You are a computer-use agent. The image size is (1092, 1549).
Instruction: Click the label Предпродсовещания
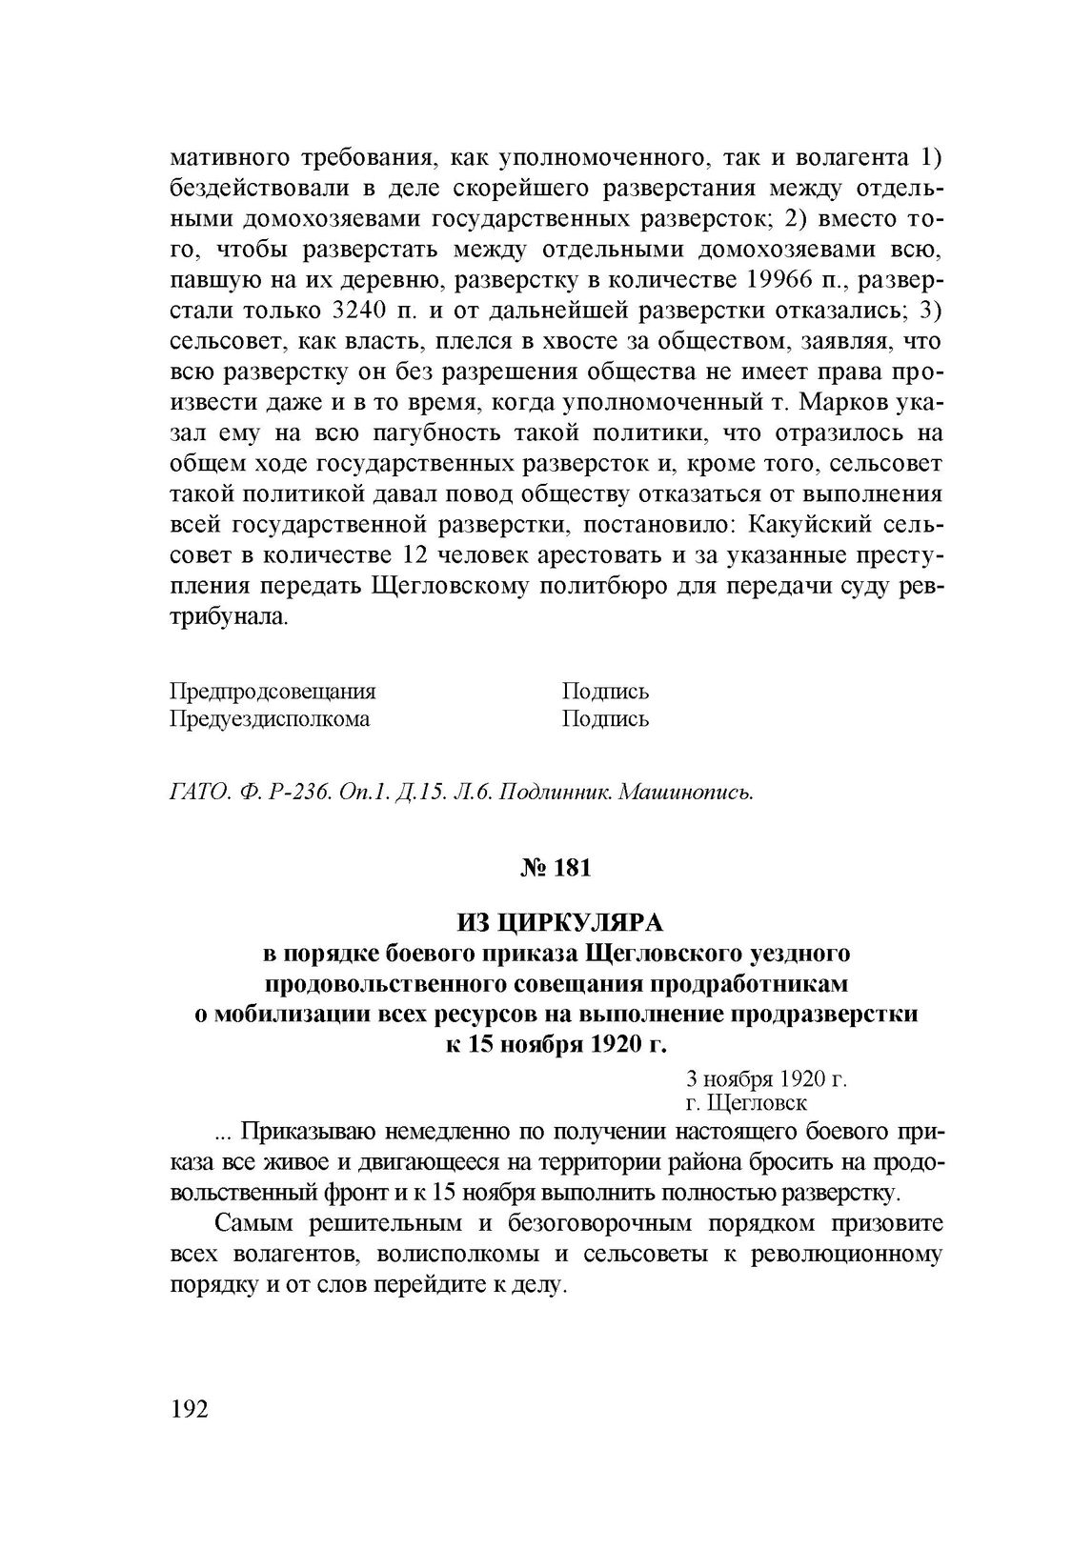pos(273,691)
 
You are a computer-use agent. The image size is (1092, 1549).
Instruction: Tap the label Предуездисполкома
pos(270,718)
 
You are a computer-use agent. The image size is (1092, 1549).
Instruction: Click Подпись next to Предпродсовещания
pos(605,691)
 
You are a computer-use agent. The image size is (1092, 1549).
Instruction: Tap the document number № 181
pos(556,868)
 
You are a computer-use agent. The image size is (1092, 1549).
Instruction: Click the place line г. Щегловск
pos(746,1102)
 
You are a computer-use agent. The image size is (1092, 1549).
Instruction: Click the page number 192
pos(189,1409)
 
